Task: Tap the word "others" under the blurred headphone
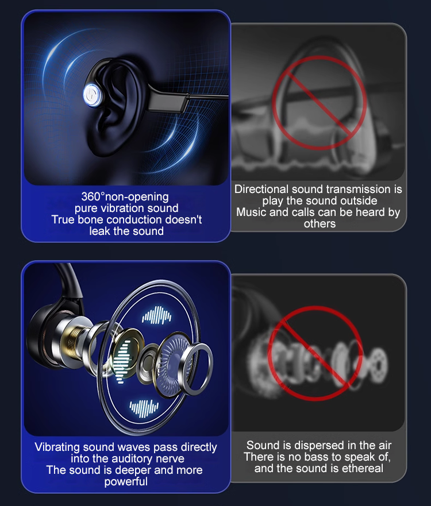(x=320, y=223)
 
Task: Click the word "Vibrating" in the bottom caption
(x=57, y=447)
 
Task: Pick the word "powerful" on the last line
(x=126, y=481)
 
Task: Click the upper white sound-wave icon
(x=156, y=315)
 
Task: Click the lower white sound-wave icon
(x=144, y=408)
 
